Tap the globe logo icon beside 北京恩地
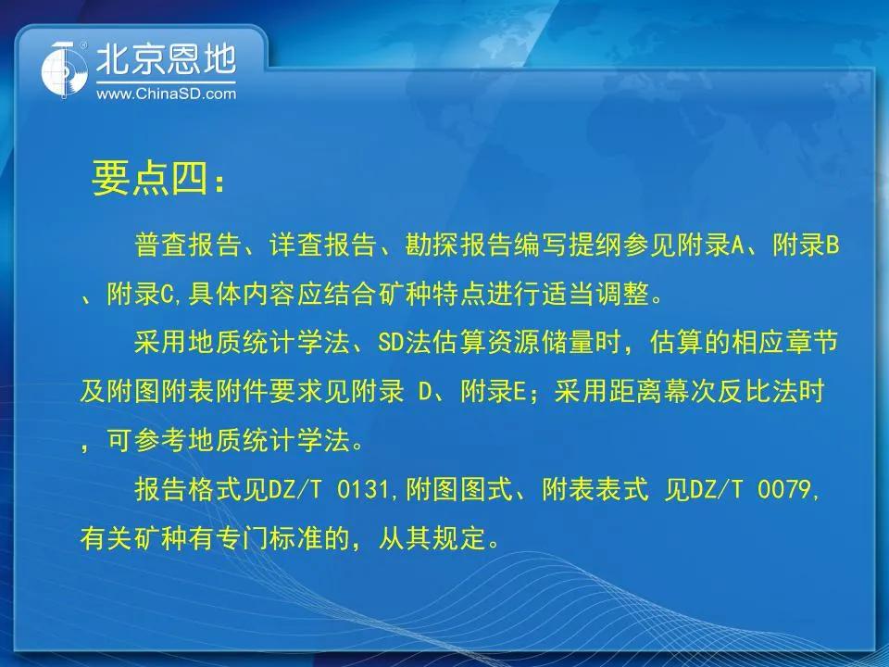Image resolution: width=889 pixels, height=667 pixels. coord(65,69)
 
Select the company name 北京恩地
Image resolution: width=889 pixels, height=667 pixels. coord(166,59)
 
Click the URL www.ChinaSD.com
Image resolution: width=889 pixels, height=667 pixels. coord(166,94)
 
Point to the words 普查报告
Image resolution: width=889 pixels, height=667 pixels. coord(188,245)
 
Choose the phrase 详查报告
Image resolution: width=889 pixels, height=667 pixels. coord(323,245)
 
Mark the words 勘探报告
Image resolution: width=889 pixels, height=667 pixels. coord(458,245)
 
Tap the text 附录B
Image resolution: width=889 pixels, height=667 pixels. coord(806,245)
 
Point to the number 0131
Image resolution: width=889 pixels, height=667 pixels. coord(363,489)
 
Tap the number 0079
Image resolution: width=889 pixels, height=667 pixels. coord(784,489)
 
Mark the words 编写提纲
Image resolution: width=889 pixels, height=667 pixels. coord(568,245)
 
